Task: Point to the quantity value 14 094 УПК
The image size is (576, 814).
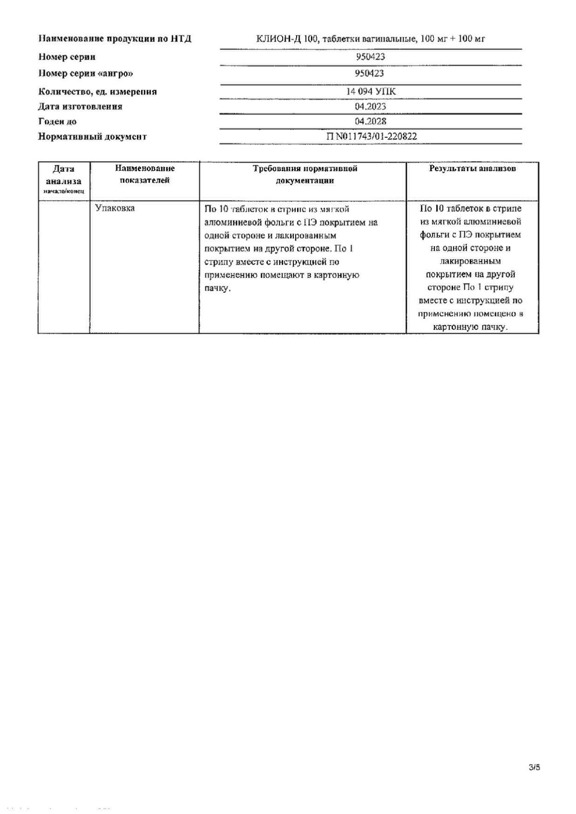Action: click(x=371, y=92)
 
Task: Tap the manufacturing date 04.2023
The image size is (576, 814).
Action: click(x=370, y=106)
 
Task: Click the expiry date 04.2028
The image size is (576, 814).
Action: click(x=371, y=121)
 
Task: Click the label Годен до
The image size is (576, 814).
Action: click(x=57, y=122)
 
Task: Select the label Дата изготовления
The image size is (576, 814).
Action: click(x=80, y=106)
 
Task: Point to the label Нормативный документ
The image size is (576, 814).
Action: click(x=92, y=137)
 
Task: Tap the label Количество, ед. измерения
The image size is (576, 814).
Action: click(x=97, y=92)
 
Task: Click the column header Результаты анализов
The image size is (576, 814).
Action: click(x=472, y=169)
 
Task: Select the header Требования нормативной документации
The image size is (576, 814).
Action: click(x=305, y=175)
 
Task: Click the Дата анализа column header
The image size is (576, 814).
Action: click(x=63, y=175)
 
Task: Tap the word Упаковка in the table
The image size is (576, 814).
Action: click(x=115, y=208)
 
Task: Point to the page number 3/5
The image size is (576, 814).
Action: click(x=534, y=767)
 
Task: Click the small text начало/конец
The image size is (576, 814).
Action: click(x=63, y=191)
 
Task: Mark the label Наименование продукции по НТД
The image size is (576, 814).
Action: click(x=115, y=39)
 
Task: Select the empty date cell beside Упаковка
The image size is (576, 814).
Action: click(x=63, y=267)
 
